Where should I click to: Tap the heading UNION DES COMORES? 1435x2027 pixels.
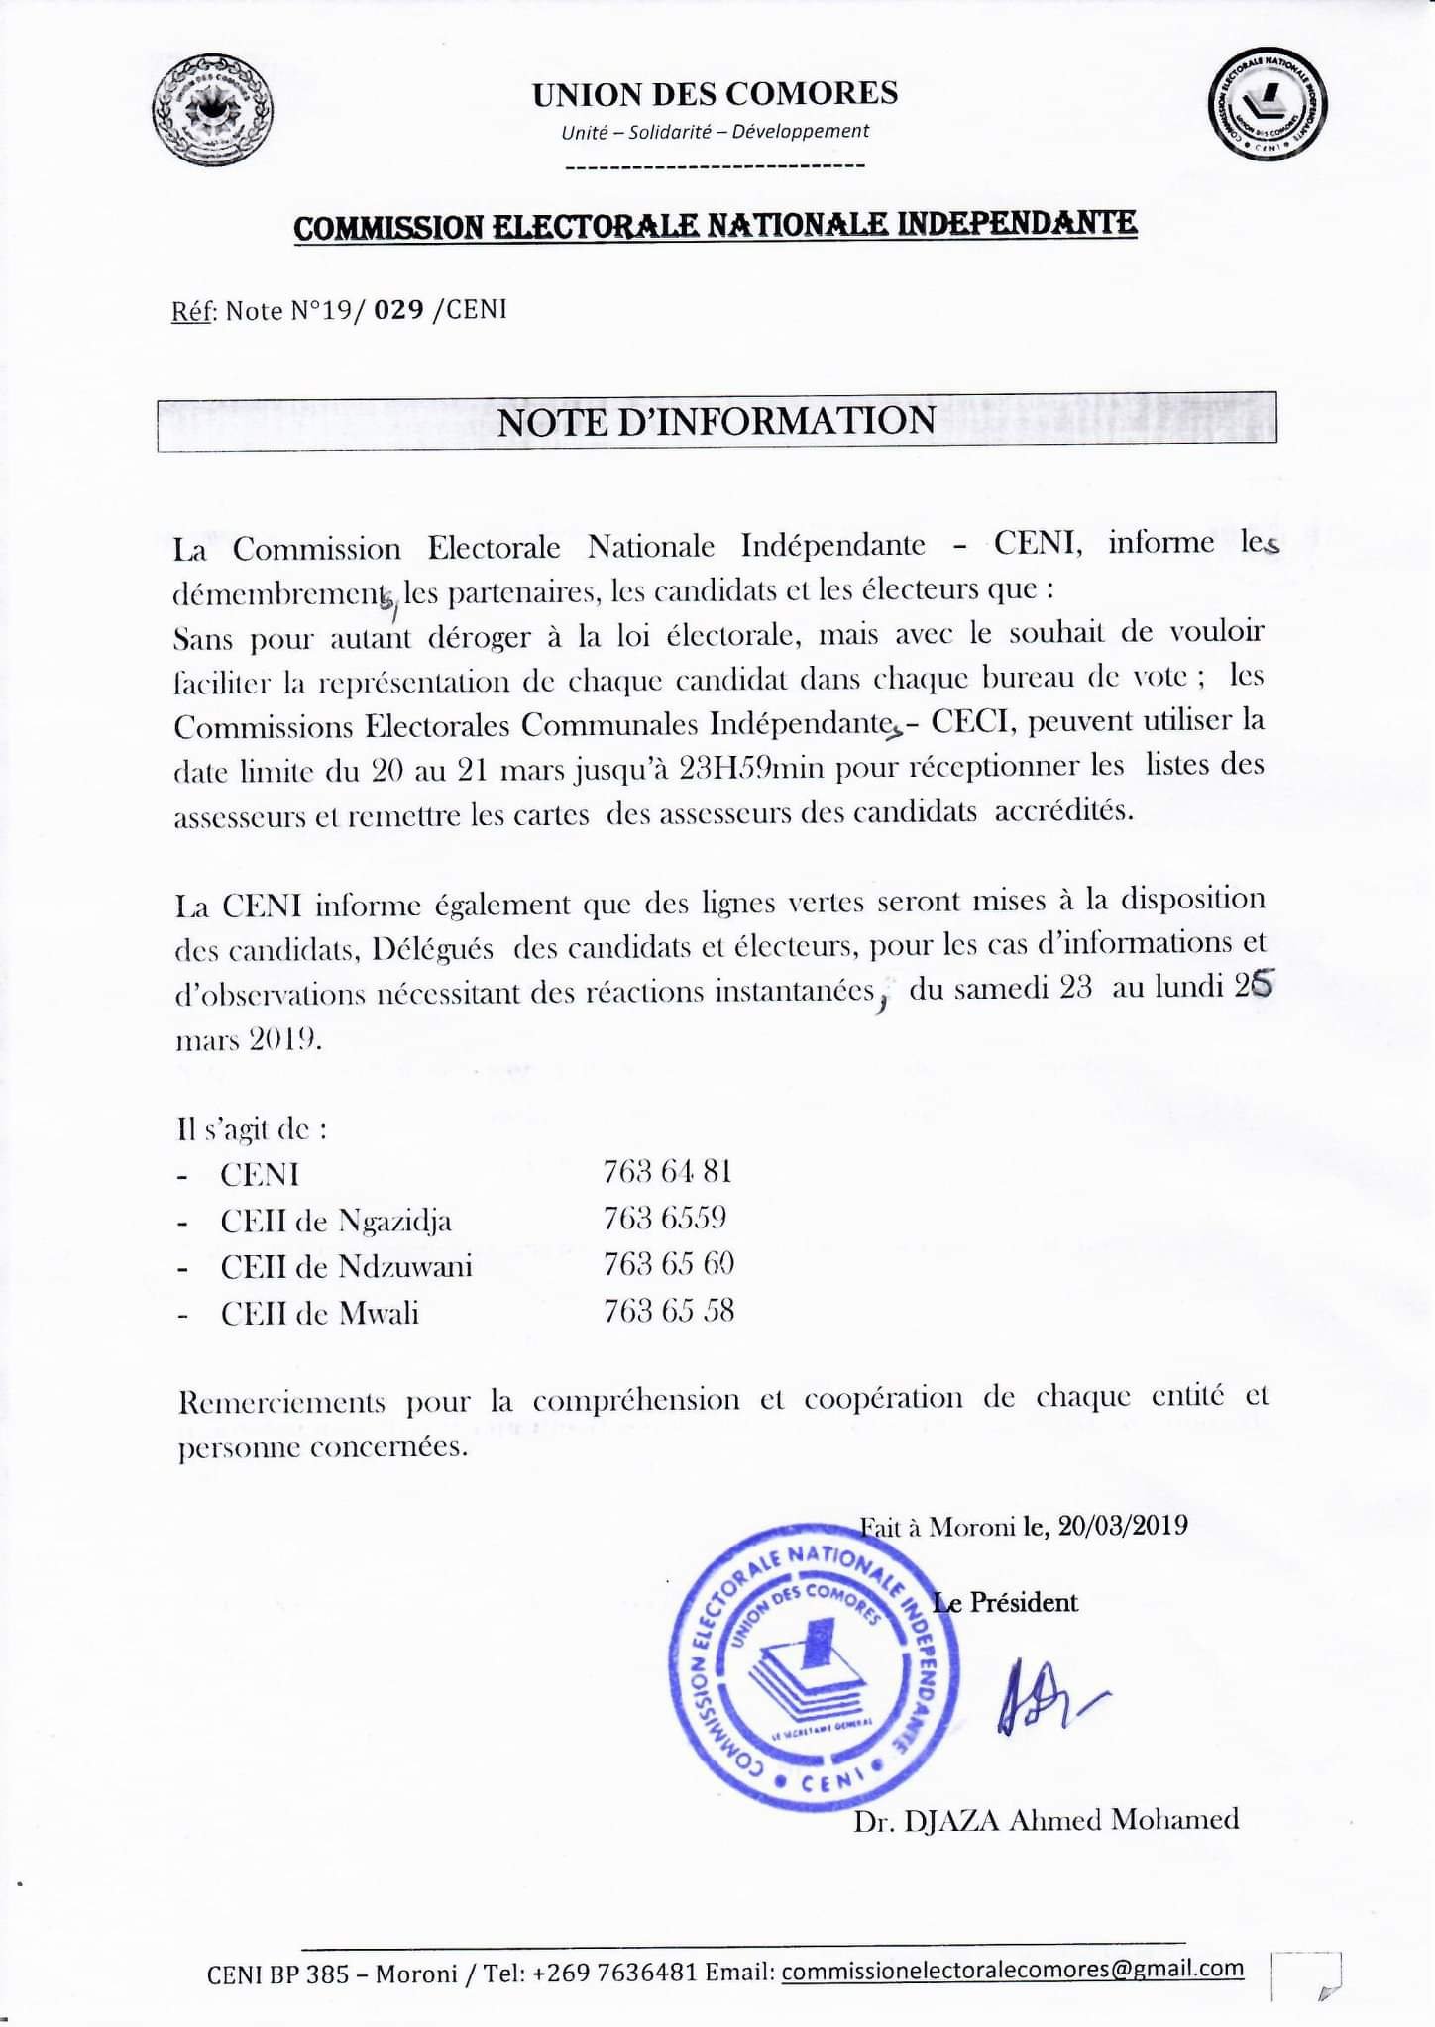tap(715, 94)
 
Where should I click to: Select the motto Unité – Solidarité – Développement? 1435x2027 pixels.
tap(715, 131)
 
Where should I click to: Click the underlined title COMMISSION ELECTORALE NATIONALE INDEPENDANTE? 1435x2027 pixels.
tap(716, 226)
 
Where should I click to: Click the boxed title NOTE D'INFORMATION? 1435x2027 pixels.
tap(716, 421)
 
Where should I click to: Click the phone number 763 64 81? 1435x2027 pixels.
tap(667, 1172)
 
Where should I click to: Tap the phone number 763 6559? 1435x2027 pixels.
tap(665, 1218)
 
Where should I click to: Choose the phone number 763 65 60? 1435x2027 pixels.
tap(668, 1264)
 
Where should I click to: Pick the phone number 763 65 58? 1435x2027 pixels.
tap(668, 1311)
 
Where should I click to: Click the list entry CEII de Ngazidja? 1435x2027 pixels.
tap(336, 1221)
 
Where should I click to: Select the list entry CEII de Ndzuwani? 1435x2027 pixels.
tap(346, 1266)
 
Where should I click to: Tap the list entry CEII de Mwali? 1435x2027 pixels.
tap(319, 1314)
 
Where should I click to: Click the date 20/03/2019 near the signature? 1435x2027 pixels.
tap(1122, 1525)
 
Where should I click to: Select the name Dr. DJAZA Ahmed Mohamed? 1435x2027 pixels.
tap(1046, 1819)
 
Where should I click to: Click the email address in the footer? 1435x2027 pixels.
tap(1012, 1969)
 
